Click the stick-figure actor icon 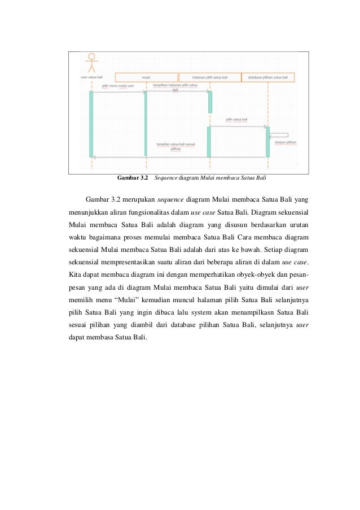(91, 62)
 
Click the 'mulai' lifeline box (146, 77)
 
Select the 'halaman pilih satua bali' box (209, 77)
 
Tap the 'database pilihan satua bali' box (269, 77)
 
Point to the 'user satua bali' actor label (91, 77)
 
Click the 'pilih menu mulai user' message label (117, 86)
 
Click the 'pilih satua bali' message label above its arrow (236, 120)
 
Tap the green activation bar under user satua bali (91, 124)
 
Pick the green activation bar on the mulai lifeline (146, 123)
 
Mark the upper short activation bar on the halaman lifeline (210, 102)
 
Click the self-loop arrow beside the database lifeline (280, 136)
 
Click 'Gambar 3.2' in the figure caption (132, 178)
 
